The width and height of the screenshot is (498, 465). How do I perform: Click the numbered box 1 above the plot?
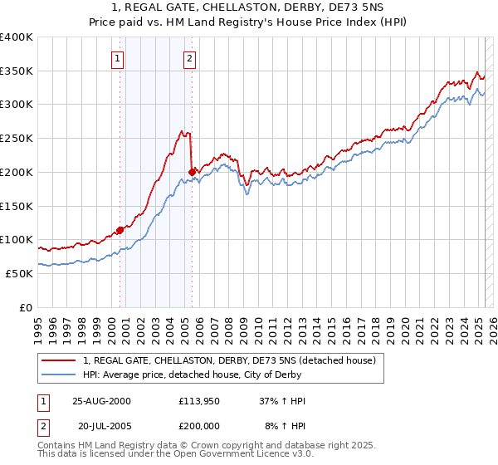click(118, 58)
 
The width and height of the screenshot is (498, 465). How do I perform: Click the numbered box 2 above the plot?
click(190, 58)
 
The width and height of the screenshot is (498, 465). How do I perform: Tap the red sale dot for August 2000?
click(120, 230)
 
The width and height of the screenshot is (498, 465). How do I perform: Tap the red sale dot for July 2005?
click(193, 172)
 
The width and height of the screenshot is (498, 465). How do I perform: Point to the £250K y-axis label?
click(17, 139)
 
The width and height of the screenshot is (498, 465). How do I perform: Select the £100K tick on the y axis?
click(17, 239)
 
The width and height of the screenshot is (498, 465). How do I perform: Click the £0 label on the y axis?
click(26, 307)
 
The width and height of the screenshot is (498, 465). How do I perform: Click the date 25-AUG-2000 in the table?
click(101, 401)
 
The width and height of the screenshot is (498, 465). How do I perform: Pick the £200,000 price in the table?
click(201, 424)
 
